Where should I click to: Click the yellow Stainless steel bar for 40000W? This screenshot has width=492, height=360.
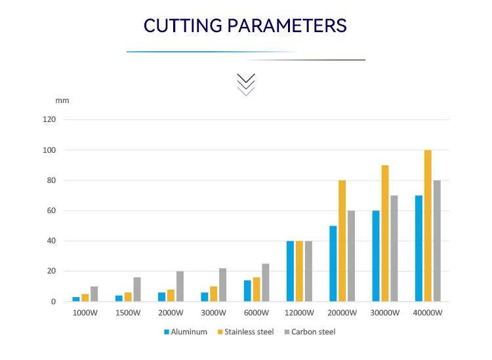(428, 226)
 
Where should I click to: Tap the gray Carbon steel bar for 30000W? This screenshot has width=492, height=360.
(394, 249)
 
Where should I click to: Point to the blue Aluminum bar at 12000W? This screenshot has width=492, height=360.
(291, 271)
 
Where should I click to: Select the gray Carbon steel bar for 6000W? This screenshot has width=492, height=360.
(265, 283)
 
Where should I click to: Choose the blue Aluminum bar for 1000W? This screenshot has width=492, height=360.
(76, 299)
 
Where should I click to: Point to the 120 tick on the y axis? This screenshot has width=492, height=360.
(51, 120)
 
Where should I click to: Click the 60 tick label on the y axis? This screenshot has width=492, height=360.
(52, 210)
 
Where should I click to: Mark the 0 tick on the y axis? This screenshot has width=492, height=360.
(54, 302)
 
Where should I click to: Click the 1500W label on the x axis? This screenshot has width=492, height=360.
(128, 313)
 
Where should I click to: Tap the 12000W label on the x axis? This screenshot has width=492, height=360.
(299, 313)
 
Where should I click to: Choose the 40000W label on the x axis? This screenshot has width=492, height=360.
(428, 313)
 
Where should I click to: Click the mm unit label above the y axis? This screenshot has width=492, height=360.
(62, 100)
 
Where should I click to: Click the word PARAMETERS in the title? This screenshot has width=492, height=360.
(287, 26)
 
